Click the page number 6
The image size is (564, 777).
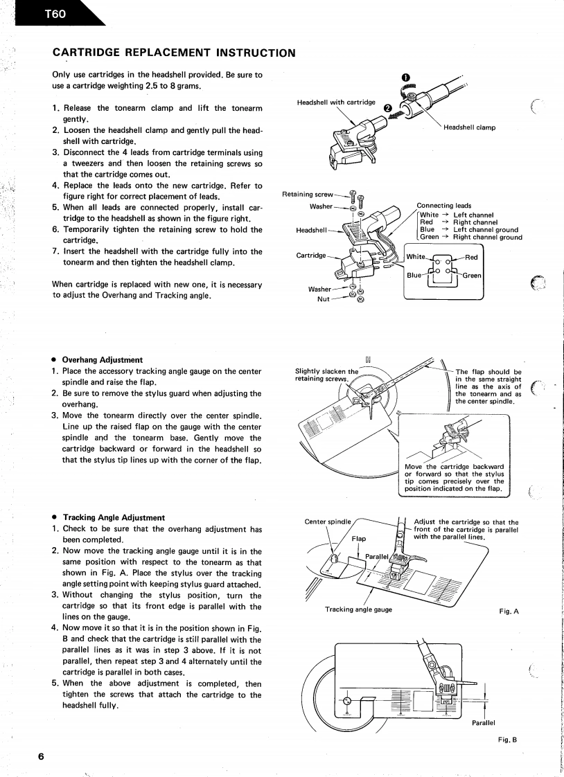tap(44, 756)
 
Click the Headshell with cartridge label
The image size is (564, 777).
tap(336, 102)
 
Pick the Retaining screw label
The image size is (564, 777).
tap(308, 194)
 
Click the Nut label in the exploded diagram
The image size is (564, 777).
tap(323, 298)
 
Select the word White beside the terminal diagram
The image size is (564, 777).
tap(416, 256)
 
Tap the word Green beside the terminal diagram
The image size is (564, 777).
tap(473, 276)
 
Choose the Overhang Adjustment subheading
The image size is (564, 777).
tap(103, 359)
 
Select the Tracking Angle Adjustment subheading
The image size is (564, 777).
tap(114, 517)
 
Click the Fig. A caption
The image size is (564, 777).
tap(509, 612)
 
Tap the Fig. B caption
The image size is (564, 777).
tap(509, 740)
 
